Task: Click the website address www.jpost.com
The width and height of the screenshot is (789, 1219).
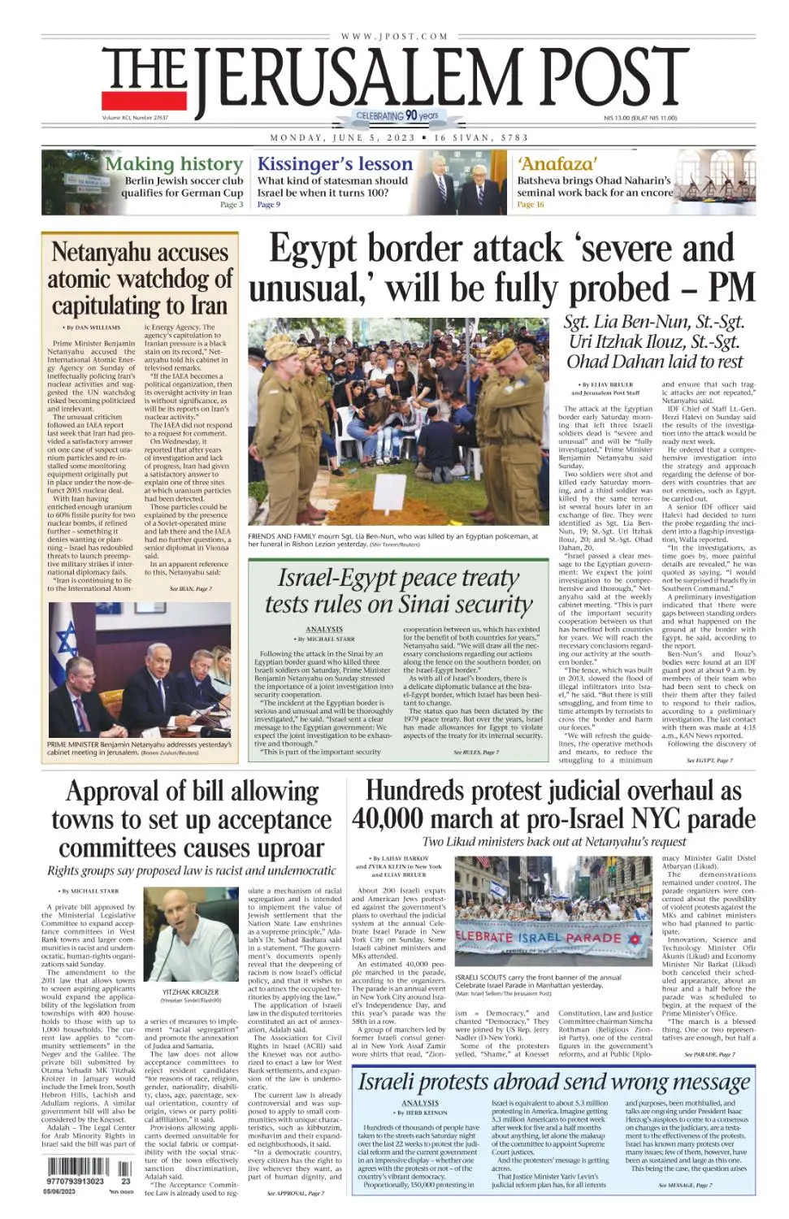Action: pyautogui.click(x=394, y=37)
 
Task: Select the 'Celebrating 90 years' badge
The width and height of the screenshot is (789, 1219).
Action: pyautogui.click(x=397, y=116)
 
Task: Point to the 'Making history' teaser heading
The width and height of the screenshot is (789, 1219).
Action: pyautogui.click(x=173, y=164)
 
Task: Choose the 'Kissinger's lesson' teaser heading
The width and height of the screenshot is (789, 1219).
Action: pyautogui.click(x=335, y=164)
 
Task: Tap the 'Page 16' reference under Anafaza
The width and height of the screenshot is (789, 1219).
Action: pyautogui.click(x=531, y=205)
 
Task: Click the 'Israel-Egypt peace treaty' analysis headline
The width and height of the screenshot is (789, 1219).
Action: pyautogui.click(x=398, y=578)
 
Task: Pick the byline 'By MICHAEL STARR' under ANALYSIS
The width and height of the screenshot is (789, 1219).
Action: pyautogui.click(x=324, y=640)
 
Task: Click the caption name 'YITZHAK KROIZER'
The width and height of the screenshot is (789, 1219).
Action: pyautogui.click(x=190, y=992)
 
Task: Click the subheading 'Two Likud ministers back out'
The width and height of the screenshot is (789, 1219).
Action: pyautogui.click(x=553, y=842)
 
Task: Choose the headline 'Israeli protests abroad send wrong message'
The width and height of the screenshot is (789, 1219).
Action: pyautogui.click(x=553, y=1082)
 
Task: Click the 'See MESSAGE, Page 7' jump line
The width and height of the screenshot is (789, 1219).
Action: pyautogui.click(x=685, y=1186)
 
